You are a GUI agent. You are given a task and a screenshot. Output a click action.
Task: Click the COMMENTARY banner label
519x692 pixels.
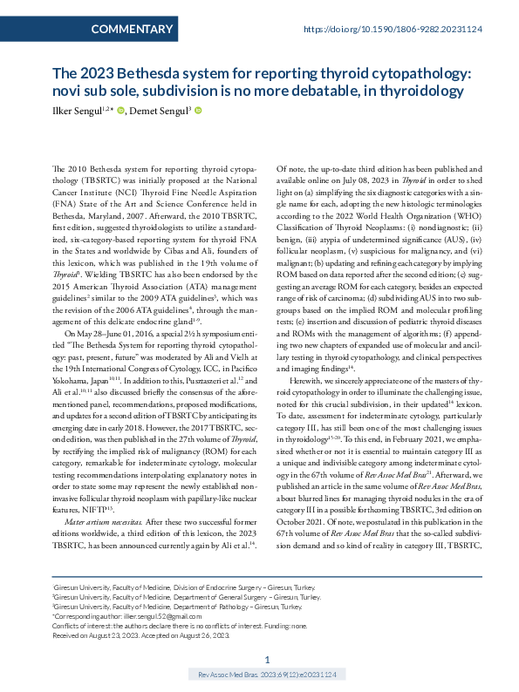[x=132, y=30]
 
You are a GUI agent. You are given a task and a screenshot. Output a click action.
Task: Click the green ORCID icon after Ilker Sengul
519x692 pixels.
[x=121, y=111]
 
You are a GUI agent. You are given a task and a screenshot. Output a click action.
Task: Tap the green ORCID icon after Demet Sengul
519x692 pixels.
[x=199, y=111]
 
